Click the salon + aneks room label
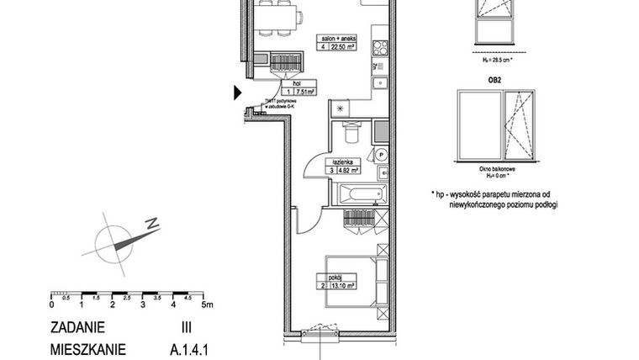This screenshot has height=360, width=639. point(338,37)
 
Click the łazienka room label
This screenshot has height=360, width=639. point(346,160)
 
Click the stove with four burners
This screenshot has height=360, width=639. point(378,50)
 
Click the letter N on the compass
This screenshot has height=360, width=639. point(151,225)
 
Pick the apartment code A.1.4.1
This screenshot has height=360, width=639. point(176,347)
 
